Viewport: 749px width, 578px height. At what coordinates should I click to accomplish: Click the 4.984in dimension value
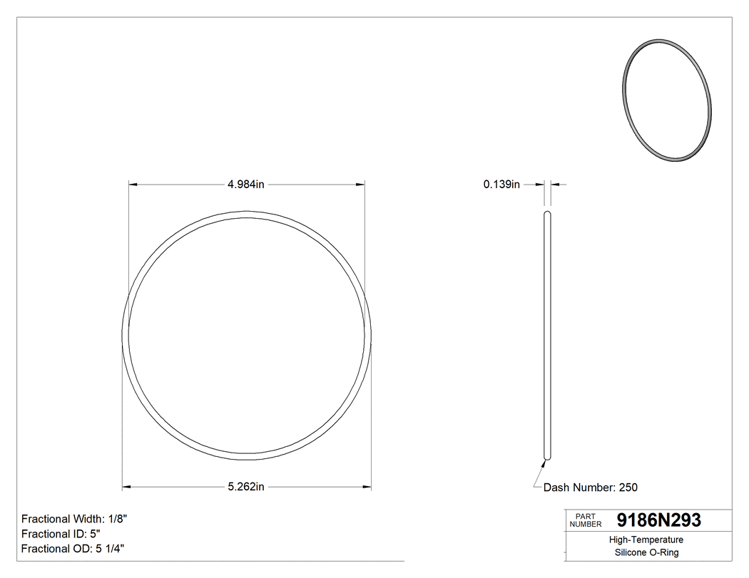click(246, 185)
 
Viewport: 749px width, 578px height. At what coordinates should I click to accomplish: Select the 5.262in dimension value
click(246, 487)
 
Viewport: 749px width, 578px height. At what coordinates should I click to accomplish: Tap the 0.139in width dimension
click(501, 185)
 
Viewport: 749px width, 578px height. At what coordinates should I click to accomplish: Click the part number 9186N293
click(658, 521)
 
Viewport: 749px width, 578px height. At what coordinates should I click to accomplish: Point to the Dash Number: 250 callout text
click(590, 487)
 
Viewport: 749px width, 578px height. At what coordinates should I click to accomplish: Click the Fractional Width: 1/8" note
click(74, 519)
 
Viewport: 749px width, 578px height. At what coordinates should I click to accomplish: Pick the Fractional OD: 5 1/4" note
click(74, 549)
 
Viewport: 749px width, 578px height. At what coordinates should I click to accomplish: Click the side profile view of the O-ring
click(548, 335)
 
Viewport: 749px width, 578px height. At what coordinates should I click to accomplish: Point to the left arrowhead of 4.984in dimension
click(132, 185)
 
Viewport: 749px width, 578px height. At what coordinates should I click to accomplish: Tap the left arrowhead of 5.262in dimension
click(126, 487)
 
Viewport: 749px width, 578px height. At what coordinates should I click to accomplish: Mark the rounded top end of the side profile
click(548, 213)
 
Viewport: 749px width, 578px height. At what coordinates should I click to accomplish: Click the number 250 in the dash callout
click(628, 487)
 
